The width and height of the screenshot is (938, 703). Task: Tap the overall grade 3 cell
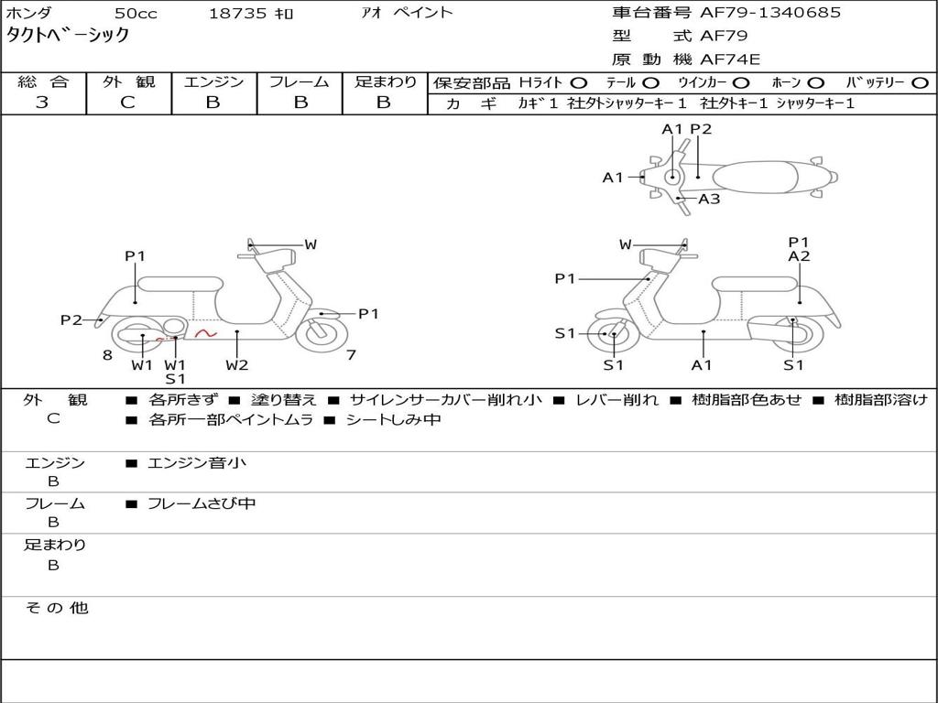click(42, 103)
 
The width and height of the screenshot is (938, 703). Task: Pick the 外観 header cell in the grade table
click(128, 82)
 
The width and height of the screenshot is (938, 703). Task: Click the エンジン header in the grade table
click(213, 82)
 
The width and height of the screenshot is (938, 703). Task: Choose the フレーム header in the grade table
click(299, 82)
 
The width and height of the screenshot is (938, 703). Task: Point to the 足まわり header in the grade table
click(385, 82)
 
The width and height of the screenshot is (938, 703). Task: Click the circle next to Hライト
click(578, 83)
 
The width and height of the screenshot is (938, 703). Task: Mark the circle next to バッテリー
click(920, 83)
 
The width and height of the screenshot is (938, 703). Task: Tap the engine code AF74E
click(730, 59)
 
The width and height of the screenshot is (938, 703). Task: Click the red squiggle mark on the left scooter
click(205, 333)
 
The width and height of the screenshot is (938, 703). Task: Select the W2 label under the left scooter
click(237, 365)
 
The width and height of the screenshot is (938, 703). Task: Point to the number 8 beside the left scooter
click(107, 355)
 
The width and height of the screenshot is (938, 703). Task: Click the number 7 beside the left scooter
click(351, 355)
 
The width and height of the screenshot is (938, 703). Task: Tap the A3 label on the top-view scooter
click(709, 199)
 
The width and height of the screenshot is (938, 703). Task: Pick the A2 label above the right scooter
click(799, 257)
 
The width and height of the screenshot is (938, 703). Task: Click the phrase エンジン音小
click(197, 463)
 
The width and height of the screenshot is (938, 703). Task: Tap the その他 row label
click(56, 608)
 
